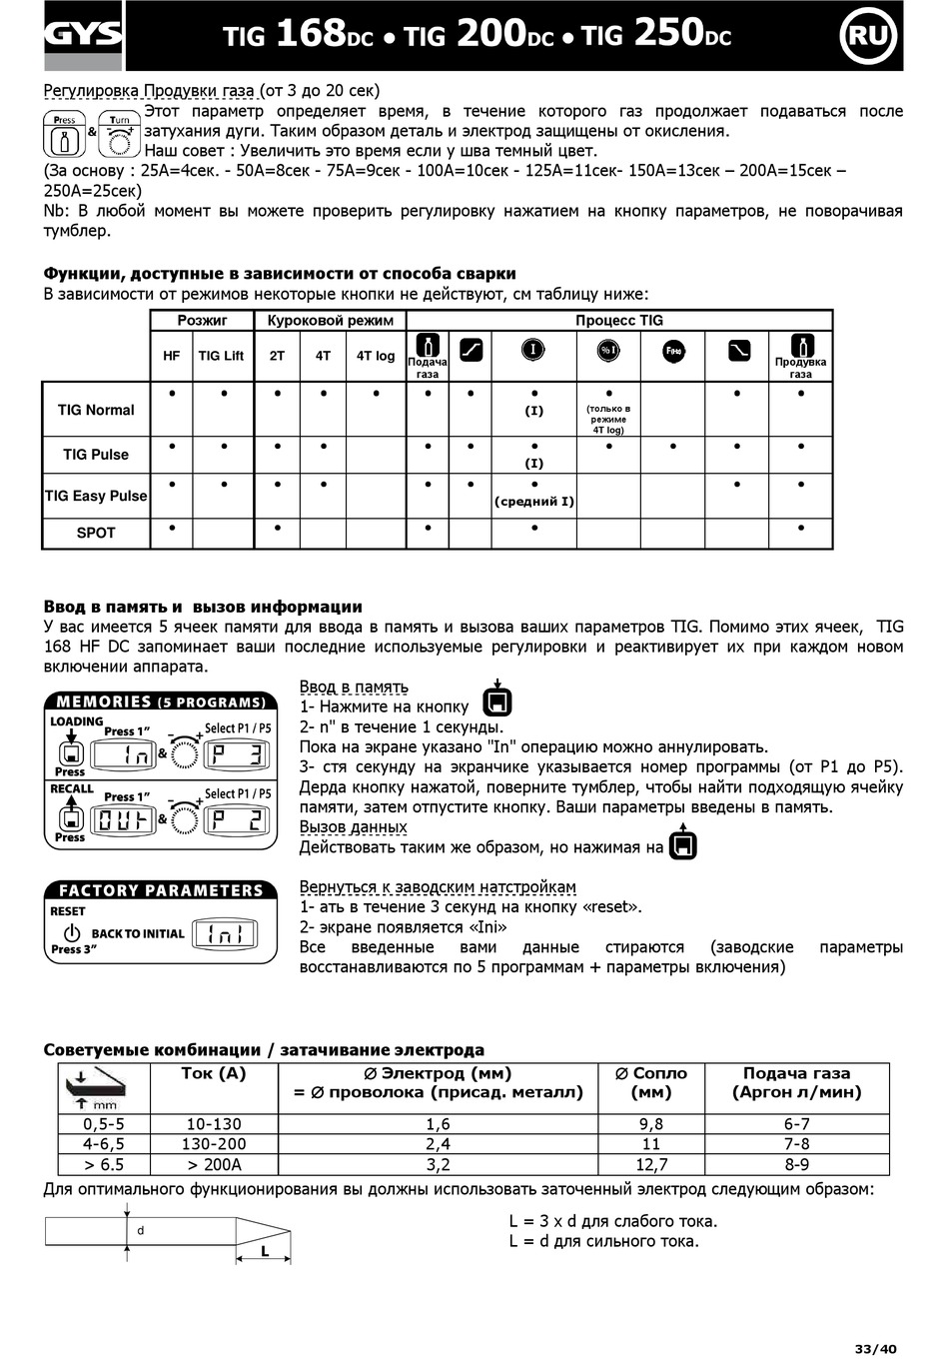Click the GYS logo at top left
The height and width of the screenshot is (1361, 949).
[x=83, y=36]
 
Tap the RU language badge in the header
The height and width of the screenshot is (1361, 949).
[x=869, y=36]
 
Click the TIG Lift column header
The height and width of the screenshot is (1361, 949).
[x=221, y=356]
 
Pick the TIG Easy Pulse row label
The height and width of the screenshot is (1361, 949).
[x=96, y=496]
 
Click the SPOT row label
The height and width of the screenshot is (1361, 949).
[x=96, y=533]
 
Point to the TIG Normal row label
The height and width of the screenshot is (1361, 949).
[x=96, y=410]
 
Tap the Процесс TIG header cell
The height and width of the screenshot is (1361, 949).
[x=618, y=321]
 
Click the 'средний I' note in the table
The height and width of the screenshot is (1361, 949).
[x=534, y=502]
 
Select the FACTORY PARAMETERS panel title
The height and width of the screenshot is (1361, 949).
[x=161, y=890]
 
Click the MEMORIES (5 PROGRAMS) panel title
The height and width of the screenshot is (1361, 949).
[x=161, y=701]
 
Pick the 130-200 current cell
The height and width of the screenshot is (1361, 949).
[x=214, y=1144]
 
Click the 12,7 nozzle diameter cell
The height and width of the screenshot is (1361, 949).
[x=651, y=1164]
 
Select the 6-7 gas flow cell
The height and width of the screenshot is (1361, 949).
[x=796, y=1124]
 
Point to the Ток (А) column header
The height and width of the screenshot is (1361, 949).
[x=214, y=1074]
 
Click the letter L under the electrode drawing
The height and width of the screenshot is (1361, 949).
[x=265, y=1250]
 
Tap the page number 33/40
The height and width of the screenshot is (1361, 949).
[x=876, y=1349]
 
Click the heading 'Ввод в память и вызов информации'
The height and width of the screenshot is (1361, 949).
[x=203, y=607]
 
